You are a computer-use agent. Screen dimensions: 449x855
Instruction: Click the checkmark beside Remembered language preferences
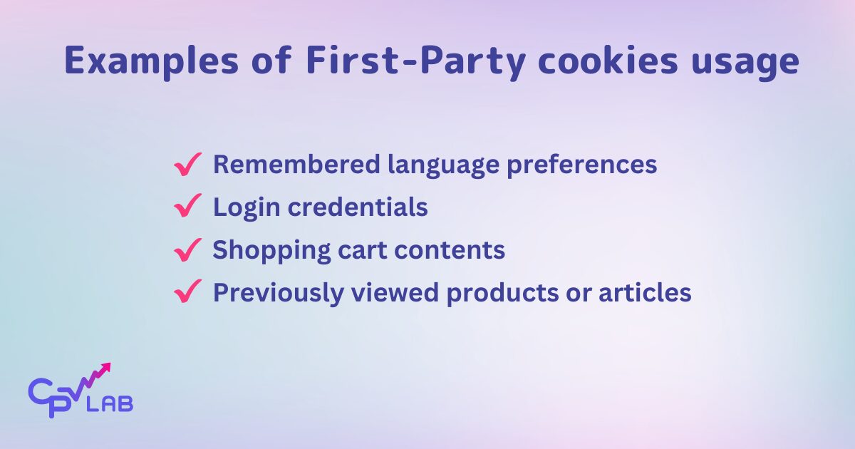(x=187, y=165)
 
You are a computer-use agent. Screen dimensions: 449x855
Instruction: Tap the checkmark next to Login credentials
(x=187, y=208)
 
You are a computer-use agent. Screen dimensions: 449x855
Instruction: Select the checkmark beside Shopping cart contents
(x=187, y=250)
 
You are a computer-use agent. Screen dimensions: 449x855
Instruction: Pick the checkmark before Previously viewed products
(x=187, y=292)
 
